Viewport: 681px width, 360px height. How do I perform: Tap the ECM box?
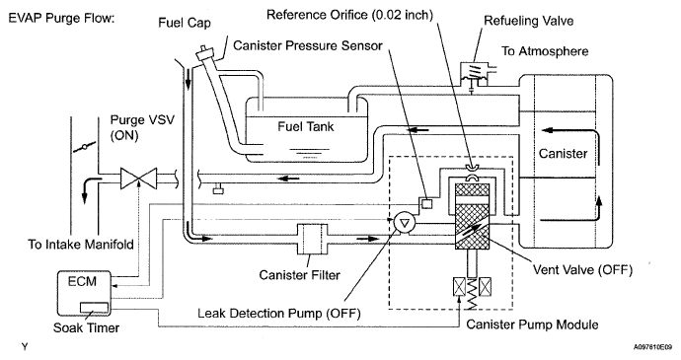(84, 293)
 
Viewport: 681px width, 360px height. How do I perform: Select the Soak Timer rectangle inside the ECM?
(94, 307)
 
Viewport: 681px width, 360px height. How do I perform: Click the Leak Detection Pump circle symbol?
(405, 223)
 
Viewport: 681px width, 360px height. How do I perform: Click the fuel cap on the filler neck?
(205, 55)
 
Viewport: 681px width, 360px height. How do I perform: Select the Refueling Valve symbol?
(475, 75)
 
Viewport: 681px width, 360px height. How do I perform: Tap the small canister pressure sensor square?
(427, 203)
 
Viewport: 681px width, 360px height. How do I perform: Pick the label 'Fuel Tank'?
(305, 127)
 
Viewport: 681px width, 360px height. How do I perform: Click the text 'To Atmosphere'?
(545, 51)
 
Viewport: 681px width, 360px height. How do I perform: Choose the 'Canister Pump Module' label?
(532, 324)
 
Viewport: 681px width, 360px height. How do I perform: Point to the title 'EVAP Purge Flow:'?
(61, 19)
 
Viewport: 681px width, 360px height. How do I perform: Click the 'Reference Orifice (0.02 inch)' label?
(349, 15)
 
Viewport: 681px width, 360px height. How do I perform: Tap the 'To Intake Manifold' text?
(81, 245)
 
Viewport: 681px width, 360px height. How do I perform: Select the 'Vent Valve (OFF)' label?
(582, 269)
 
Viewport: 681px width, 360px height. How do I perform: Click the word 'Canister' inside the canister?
(563, 153)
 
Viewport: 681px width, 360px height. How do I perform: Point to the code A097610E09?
(652, 347)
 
